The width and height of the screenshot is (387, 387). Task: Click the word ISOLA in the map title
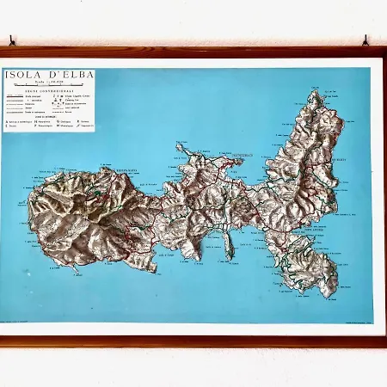(x=21, y=75)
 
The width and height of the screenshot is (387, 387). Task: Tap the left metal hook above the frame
(x=12, y=40)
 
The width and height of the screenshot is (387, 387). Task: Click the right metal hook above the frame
(x=365, y=40)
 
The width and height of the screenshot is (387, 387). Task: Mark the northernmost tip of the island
(x=316, y=92)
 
